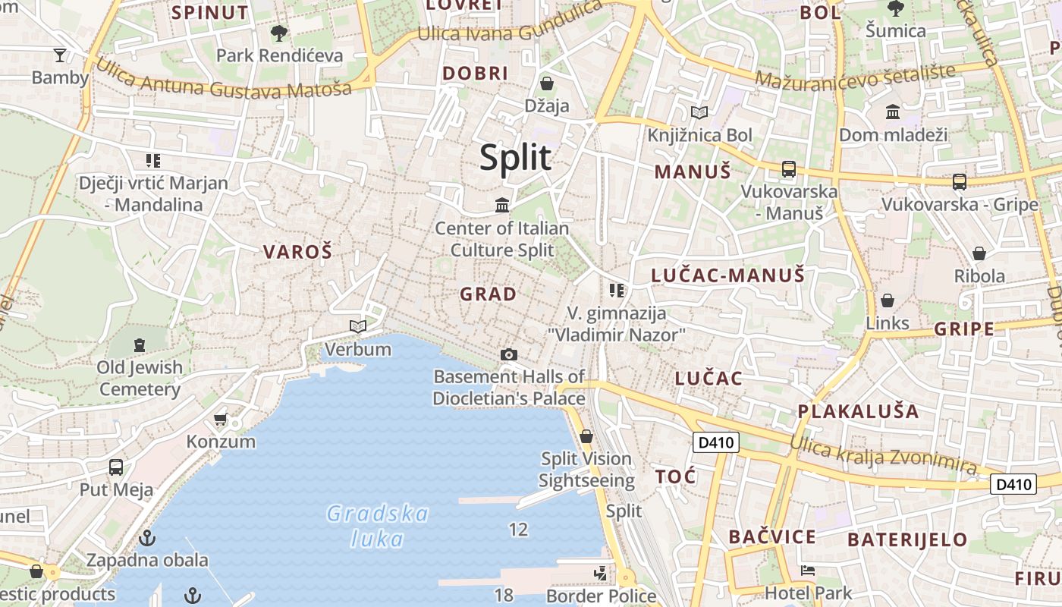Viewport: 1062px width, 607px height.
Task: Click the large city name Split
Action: [515, 158]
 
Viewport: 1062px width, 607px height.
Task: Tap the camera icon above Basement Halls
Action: [509, 354]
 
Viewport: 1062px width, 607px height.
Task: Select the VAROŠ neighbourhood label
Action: [298, 252]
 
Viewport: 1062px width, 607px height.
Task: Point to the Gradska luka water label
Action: [378, 526]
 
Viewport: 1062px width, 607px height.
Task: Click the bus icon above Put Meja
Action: [116, 467]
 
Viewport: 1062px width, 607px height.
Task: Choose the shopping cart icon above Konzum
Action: [221, 419]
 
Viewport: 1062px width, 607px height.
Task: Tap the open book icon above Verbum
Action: [358, 326]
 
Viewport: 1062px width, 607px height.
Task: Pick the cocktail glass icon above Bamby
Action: [60, 55]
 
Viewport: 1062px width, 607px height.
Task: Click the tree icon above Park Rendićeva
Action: [279, 33]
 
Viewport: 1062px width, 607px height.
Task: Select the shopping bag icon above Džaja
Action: [546, 83]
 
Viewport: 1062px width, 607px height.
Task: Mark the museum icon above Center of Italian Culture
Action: [502, 205]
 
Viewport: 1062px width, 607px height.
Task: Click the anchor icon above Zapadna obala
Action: [147, 538]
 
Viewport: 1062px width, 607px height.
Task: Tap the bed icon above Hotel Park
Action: [808, 571]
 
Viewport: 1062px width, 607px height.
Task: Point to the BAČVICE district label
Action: [772, 537]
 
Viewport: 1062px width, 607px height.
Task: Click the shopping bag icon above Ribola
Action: [979, 253]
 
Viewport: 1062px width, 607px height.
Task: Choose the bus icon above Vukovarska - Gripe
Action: [960, 181]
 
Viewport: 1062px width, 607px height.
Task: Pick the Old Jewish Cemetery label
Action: [140, 379]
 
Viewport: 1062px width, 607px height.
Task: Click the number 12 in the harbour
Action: [518, 530]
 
